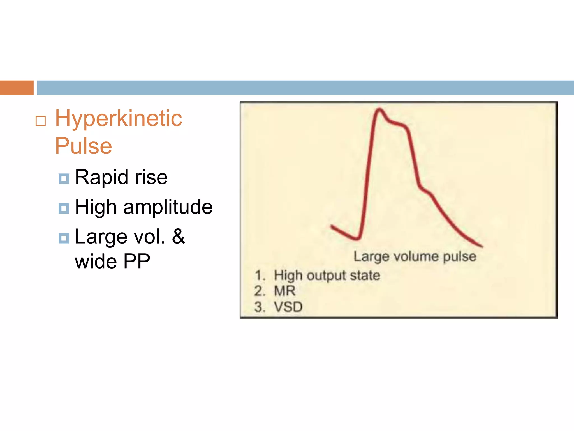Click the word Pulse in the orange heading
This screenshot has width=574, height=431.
(x=84, y=146)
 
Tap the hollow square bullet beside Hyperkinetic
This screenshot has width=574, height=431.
(x=41, y=121)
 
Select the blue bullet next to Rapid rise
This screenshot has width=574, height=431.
(x=64, y=178)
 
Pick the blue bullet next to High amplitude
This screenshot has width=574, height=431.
(x=64, y=208)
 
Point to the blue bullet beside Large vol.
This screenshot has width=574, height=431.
(x=64, y=238)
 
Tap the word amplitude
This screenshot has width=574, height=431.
(x=168, y=207)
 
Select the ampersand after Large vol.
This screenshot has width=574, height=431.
(x=178, y=236)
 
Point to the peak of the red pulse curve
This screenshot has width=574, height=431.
(x=379, y=109)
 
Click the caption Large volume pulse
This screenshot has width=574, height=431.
(x=415, y=256)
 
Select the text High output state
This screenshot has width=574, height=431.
(x=327, y=276)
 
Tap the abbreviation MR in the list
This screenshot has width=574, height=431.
(x=285, y=291)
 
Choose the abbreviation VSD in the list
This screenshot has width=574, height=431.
(x=288, y=307)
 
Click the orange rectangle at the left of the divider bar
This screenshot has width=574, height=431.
(x=17, y=88)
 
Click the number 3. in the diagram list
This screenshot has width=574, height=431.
(x=260, y=307)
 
